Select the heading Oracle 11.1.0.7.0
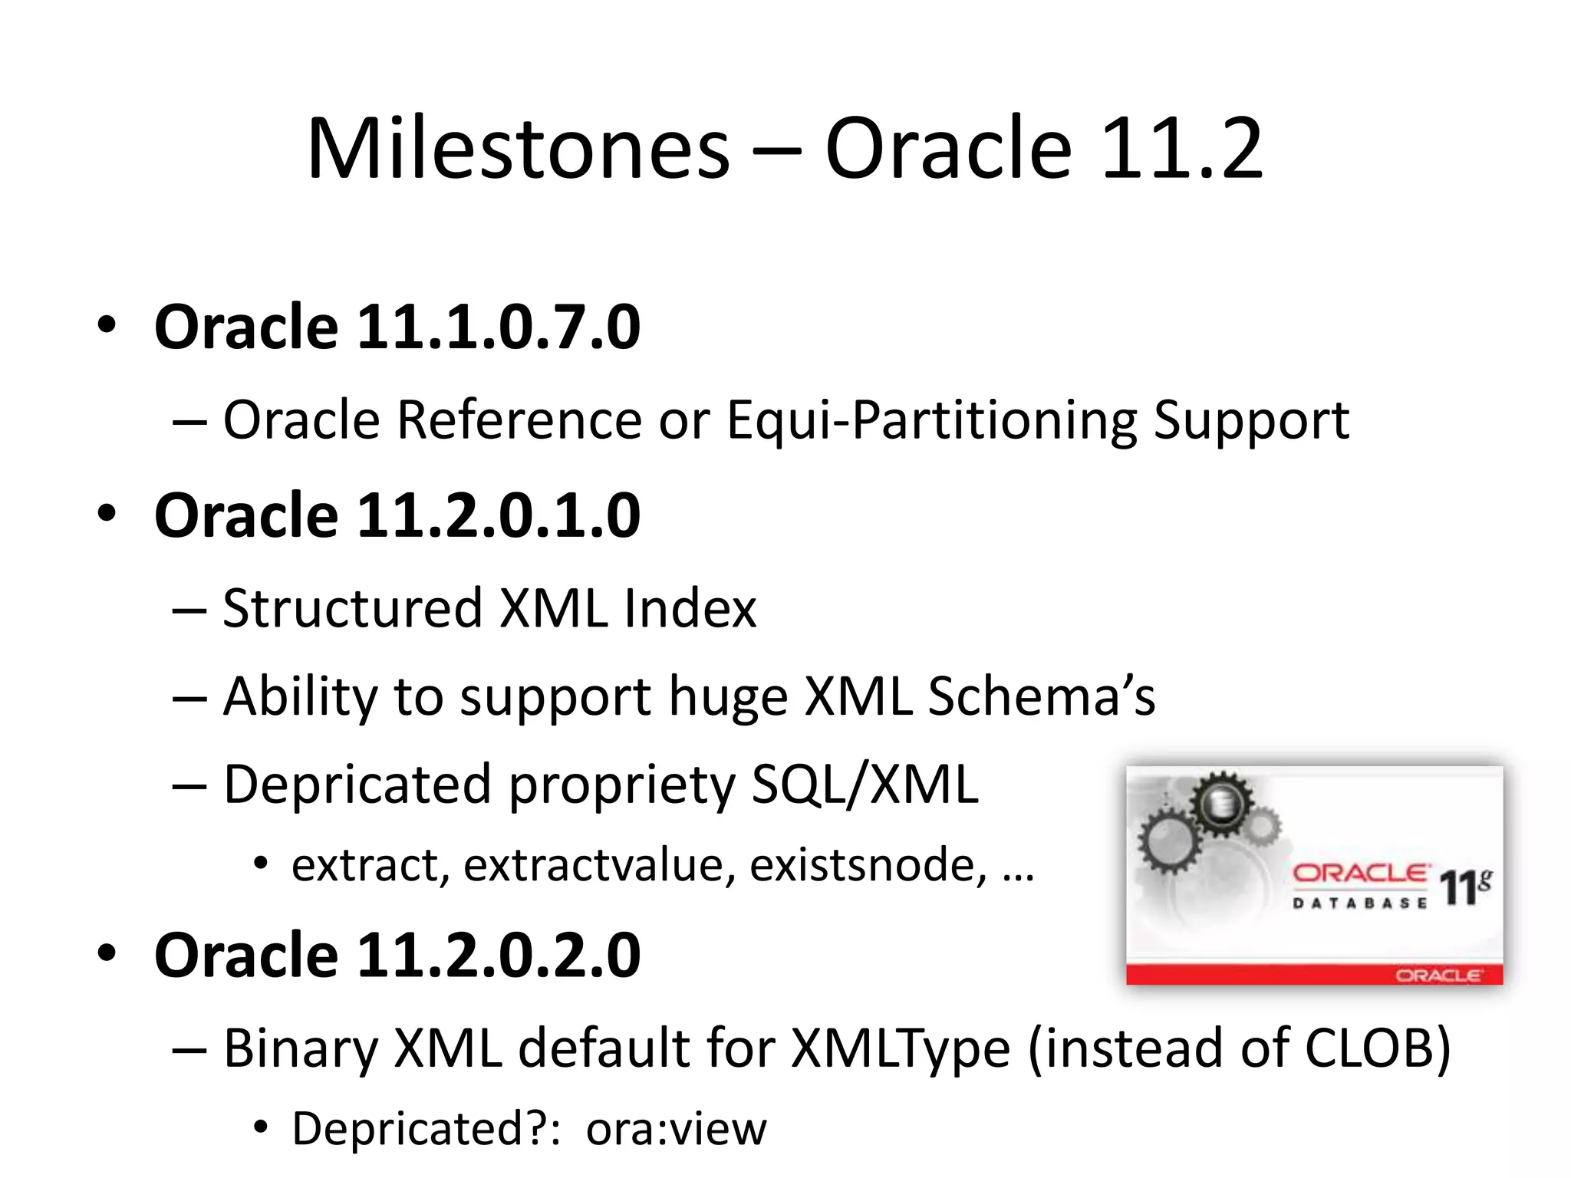pos(397,327)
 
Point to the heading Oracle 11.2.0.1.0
pos(397,515)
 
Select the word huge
pos(728,698)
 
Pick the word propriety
pos(622,787)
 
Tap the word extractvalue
pos(599,866)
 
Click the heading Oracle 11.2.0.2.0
pos(397,956)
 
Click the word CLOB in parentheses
pos(1368,1048)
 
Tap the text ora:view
pos(676,1129)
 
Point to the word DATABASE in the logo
pos(1359,903)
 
